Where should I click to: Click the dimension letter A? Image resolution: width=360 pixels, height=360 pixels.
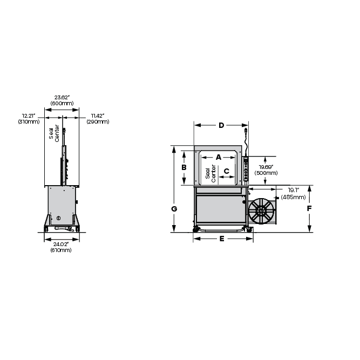219,157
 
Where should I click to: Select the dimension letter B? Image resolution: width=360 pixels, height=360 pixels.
184,168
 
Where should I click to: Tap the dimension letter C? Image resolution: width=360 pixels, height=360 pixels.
226,171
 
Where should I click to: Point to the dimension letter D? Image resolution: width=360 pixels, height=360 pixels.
221,125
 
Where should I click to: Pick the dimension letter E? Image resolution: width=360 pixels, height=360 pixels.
222,239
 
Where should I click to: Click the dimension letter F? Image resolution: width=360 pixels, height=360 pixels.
309,208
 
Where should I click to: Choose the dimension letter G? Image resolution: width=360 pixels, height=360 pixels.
174,209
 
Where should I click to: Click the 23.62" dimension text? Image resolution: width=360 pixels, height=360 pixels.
62,98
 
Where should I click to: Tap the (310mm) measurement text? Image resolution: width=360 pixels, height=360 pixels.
29,121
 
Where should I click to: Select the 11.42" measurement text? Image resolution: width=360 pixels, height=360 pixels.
98,116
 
